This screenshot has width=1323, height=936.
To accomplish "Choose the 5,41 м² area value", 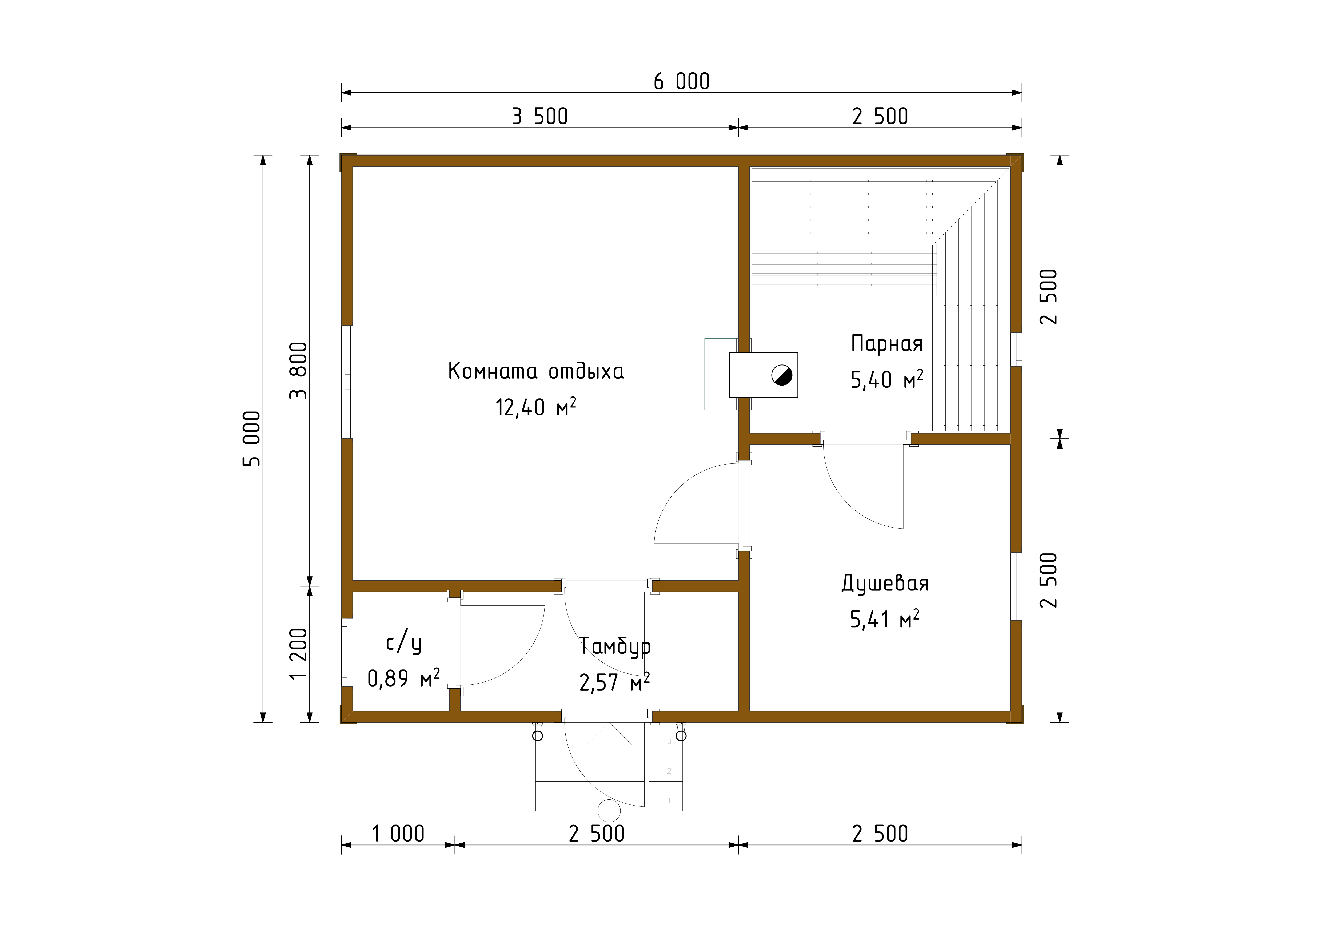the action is point(885,619).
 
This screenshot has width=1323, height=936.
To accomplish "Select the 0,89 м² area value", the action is point(403,678).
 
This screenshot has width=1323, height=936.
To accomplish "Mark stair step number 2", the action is point(669,771).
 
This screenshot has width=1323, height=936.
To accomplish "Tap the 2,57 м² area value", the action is point(614,683).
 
